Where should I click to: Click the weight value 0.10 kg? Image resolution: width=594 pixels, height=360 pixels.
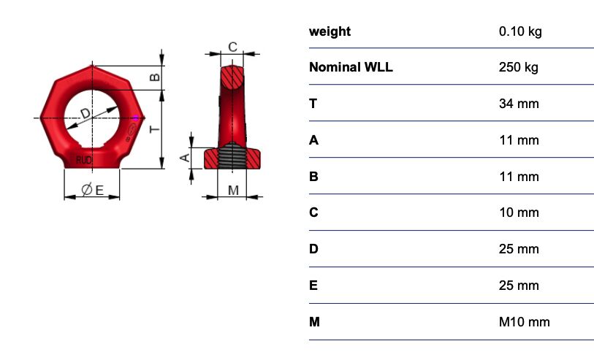tap(520, 31)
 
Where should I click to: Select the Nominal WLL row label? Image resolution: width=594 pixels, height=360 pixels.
tap(351, 67)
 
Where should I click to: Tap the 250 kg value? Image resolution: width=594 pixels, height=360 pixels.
tap(518, 67)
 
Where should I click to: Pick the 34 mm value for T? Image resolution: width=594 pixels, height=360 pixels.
tap(519, 104)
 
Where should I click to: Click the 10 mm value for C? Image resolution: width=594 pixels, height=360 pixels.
tap(519, 212)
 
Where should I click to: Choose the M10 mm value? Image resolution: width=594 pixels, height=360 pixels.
tap(524, 322)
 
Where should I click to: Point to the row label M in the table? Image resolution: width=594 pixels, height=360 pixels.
tap(314, 322)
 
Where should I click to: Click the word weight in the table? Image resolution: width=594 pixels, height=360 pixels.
tap(330, 31)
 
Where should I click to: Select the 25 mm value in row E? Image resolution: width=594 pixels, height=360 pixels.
tap(519, 286)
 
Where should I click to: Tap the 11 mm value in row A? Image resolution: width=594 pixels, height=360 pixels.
tap(519, 140)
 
